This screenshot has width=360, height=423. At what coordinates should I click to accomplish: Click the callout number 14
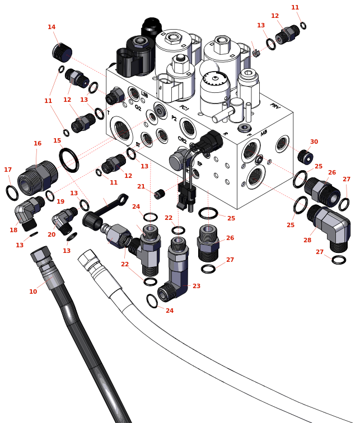[52, 27]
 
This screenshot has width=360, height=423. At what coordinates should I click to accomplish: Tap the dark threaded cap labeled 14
[62, 53]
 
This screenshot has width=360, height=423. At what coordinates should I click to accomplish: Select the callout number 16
[38, 143]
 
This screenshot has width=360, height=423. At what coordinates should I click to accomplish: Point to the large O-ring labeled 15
[69, 159]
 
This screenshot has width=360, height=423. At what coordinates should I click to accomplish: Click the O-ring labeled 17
[12, 192]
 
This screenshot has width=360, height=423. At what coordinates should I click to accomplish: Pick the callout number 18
[13, 230]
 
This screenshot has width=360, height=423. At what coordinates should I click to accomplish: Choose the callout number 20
[52, 234]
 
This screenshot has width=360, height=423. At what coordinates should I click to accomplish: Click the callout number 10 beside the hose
[33, 292]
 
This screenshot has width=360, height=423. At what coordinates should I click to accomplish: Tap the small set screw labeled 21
[160, 194]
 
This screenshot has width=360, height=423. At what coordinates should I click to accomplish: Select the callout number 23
[196, 286]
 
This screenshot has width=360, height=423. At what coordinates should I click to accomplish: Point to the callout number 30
[314, 142]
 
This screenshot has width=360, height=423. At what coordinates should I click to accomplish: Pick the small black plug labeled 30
[305, 156]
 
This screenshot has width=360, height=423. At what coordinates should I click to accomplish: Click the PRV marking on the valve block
[275, 106]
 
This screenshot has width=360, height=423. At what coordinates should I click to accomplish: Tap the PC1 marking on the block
[184, 108]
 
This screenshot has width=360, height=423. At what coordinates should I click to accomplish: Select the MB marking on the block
[264, 133]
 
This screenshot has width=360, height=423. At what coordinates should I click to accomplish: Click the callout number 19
[60, 201]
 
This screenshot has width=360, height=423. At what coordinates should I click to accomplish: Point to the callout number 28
[307, 240]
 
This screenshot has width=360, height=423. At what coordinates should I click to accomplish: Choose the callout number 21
[141, 186]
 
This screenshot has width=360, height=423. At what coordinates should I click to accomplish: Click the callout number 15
[57, 140]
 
